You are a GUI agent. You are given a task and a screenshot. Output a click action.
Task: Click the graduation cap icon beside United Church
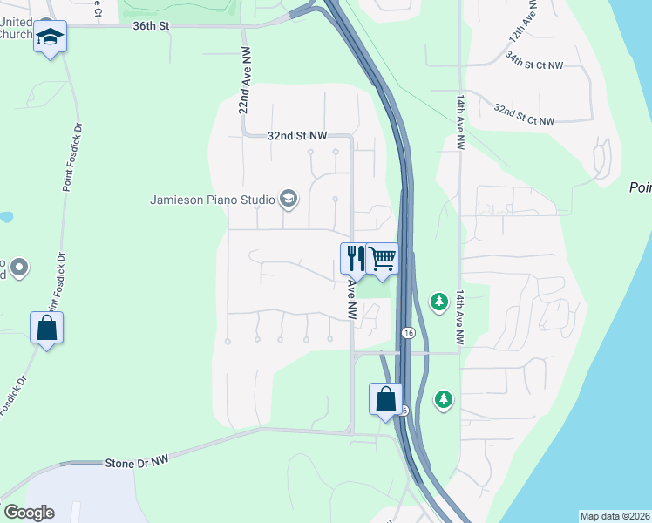point(50,37)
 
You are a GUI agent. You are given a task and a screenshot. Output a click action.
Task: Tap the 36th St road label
point(150,26)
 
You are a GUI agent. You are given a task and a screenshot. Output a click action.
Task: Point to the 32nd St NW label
point(297,136)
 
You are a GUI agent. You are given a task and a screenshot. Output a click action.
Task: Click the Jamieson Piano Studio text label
point(213,200)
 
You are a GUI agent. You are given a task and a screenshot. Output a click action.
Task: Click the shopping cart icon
point(382,258)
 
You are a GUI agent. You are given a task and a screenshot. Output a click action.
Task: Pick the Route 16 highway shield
point(407,333)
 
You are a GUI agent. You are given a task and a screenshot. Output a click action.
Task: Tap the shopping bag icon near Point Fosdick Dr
point(46,329)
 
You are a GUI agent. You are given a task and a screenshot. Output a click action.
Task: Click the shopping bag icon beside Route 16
point(385,400)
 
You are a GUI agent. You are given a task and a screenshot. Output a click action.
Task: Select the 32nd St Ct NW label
point(523,115)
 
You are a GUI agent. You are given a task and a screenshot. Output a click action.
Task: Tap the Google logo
point(29,513)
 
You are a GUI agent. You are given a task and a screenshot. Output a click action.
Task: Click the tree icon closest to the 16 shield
point(438,302)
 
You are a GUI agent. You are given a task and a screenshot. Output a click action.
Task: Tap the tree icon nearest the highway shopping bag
point(445,399)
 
